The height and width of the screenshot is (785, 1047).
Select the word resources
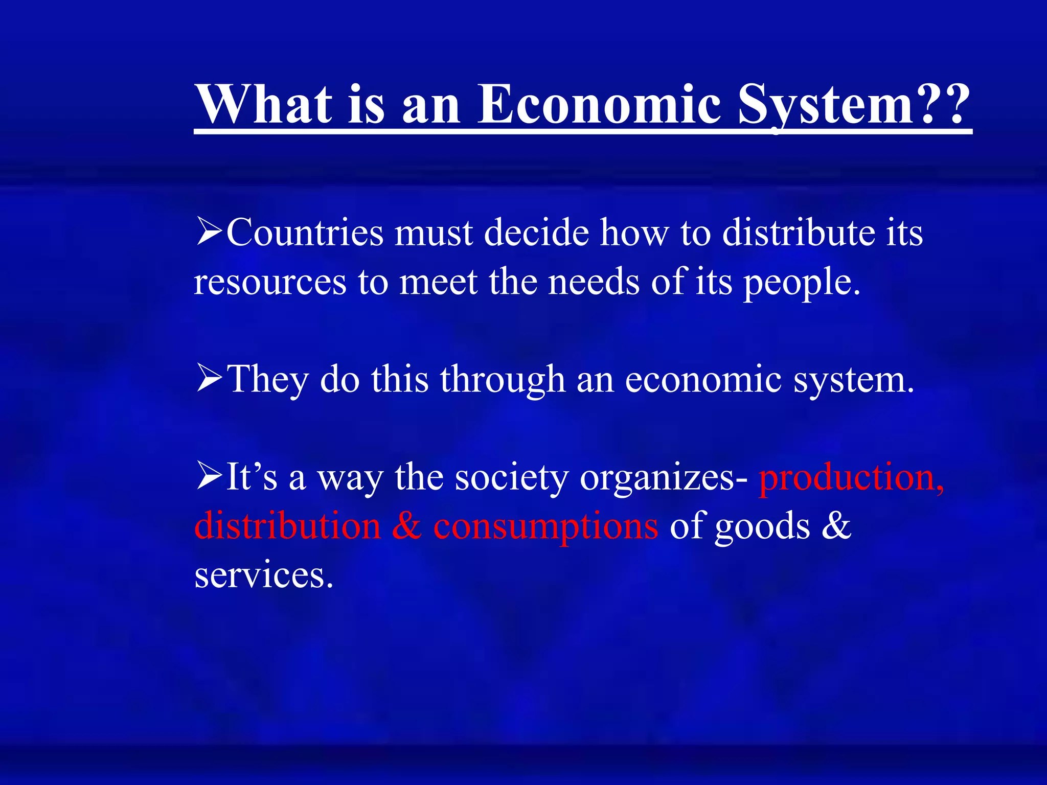point(270,283)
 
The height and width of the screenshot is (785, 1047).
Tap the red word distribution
point(287,526)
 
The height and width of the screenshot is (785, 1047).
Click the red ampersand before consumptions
point(407,526)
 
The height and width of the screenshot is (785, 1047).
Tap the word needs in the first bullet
point(594,282)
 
